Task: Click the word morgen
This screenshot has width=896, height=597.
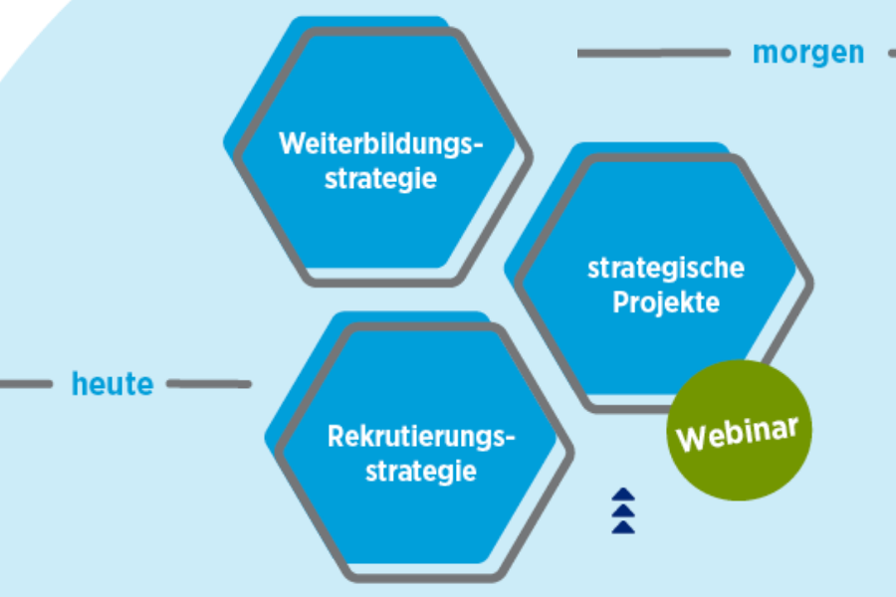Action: click(x=808, y=52)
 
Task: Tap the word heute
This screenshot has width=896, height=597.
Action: click(x=112, y=383)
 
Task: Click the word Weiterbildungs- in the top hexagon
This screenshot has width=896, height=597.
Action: click(x=380, y=143)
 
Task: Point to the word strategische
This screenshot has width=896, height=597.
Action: click(x=666, y=268)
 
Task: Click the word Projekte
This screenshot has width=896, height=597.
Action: click(x=666, y=302)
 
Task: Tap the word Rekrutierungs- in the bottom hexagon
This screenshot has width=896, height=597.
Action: click(x=422, y=436)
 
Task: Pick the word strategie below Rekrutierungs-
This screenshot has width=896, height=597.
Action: click(x=421, y=471)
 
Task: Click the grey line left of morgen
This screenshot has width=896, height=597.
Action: click(x=653, y=53)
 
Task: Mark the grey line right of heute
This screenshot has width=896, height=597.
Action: click(x=209, y=383)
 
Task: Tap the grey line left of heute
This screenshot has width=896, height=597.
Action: click(x=25, y=383)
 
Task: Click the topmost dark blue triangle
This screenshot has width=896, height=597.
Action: click(x=623, y=494)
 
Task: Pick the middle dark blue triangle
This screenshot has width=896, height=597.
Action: click(x=623, y=510)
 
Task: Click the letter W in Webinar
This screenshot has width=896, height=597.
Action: click(x=690, y=439)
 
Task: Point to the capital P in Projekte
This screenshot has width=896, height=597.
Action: click(x=619, y=302)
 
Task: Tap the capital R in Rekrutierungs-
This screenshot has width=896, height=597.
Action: click(x=336, y=436)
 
